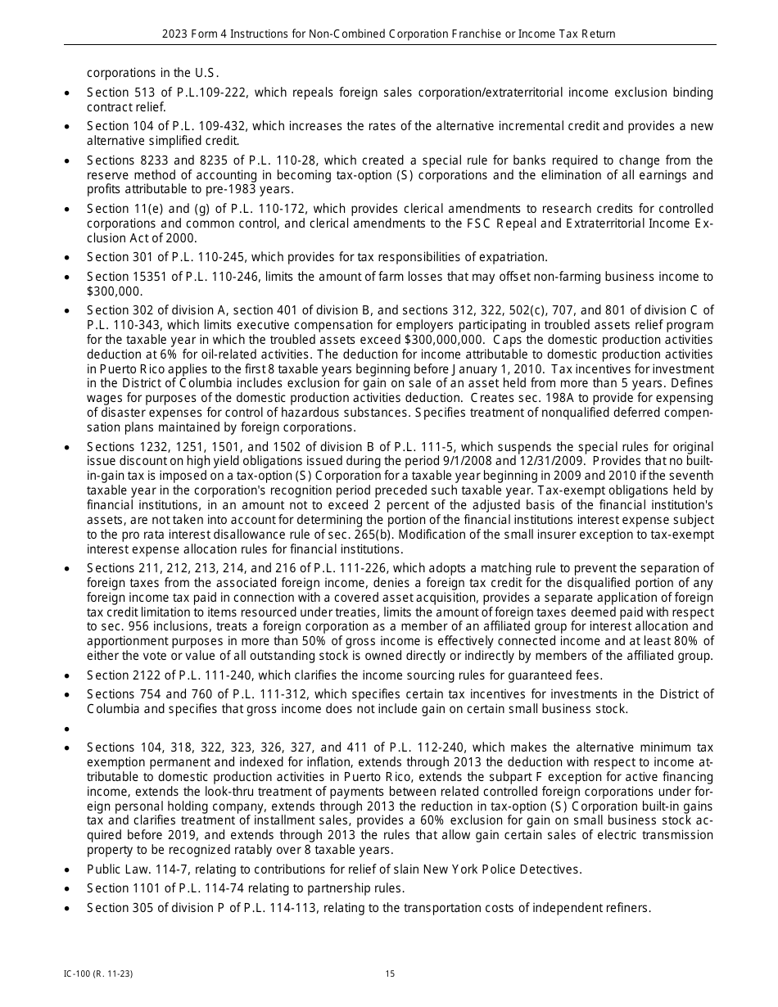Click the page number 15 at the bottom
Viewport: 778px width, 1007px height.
coord(390,973)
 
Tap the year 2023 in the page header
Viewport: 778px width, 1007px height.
coord(175,34)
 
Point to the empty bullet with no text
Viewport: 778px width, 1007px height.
coord(66,729)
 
